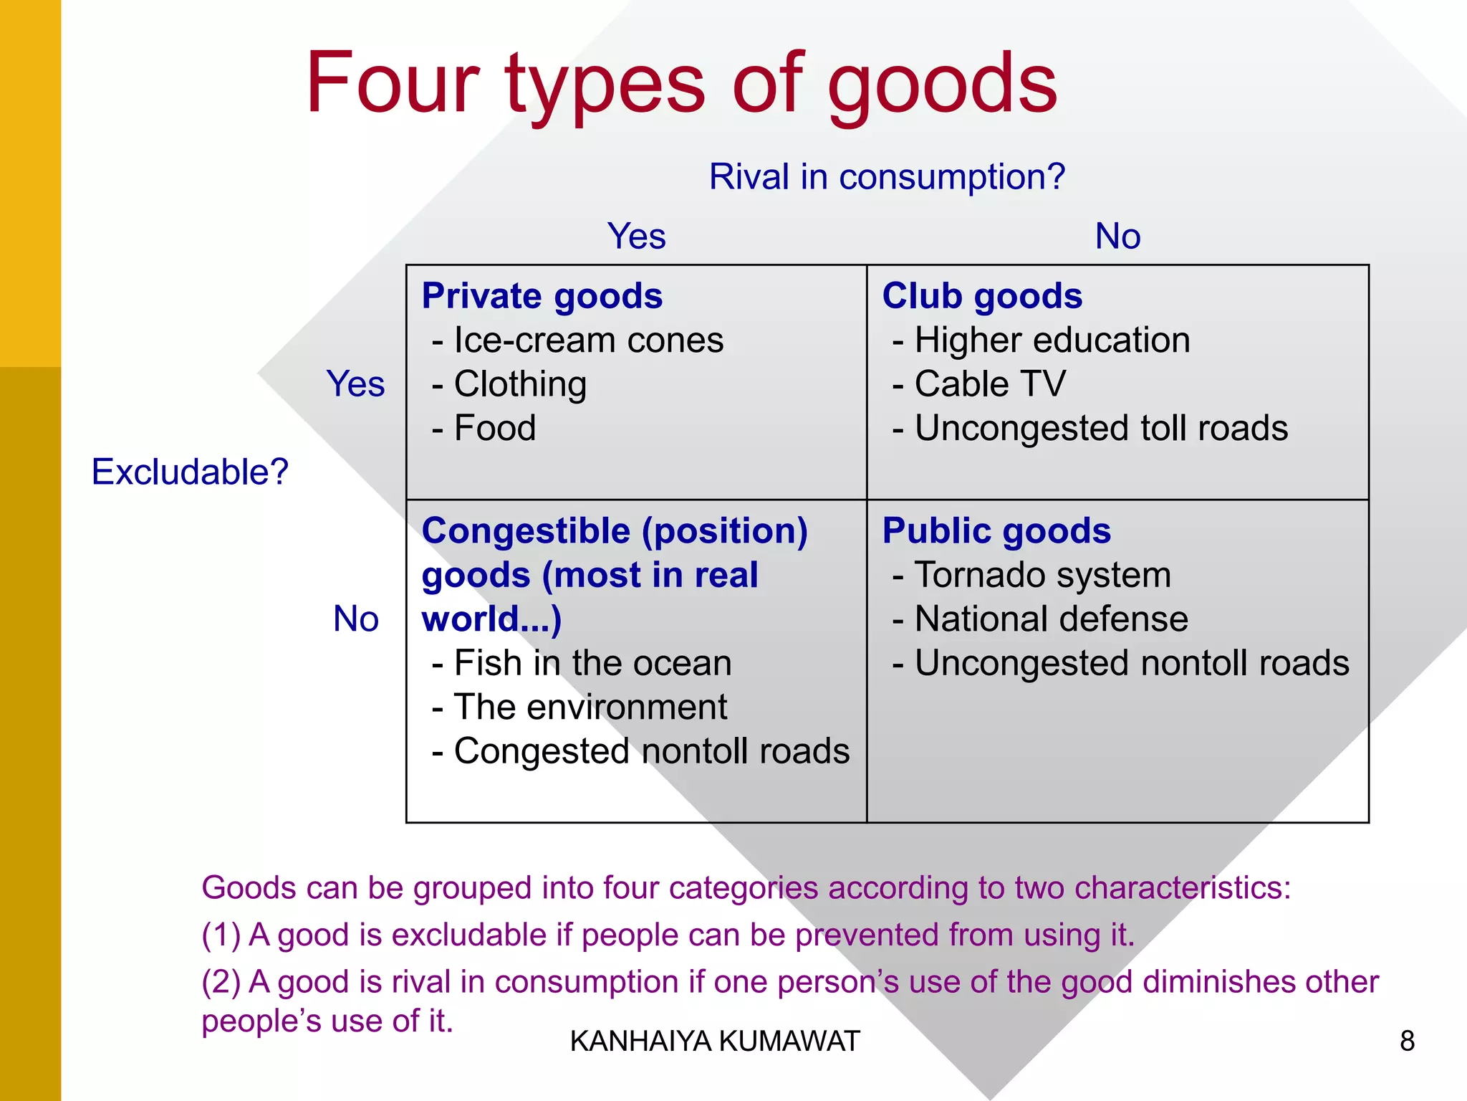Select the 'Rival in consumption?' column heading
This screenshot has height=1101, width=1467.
(x=887, y=177)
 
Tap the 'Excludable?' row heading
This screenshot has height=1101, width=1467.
(x=190, y=472)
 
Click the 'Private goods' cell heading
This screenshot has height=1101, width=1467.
(x=542, y=296)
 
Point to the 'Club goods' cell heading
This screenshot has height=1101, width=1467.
(x=982, y=296)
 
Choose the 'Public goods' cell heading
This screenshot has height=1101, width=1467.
(x=996, y=531)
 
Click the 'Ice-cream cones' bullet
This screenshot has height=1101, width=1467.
(x=588, y=340)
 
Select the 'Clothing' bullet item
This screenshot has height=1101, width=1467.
(x=520, y=384)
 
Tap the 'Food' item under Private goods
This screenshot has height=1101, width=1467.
(x=494, y=429)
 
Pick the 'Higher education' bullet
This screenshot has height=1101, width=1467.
(x=1052, y=340)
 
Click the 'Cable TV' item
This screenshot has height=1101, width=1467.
(x=990, y=384)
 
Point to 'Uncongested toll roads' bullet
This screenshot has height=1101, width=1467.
(x=1101, y=429)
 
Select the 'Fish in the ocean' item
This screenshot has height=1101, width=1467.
(x=592, y=663)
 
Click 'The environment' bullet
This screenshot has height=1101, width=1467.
(x=590, y=707)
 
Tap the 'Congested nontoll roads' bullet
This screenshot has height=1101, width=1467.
(x=651, y=752)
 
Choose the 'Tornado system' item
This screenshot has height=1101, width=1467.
(x=1042, y=576)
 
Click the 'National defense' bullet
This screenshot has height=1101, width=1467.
(x=1051, y=619)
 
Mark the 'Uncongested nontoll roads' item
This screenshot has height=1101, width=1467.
(x=1132, y=663)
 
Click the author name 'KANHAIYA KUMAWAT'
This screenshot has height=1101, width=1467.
(x=715, y=1042)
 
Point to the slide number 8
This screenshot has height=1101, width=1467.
(x=1407, y=1042)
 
